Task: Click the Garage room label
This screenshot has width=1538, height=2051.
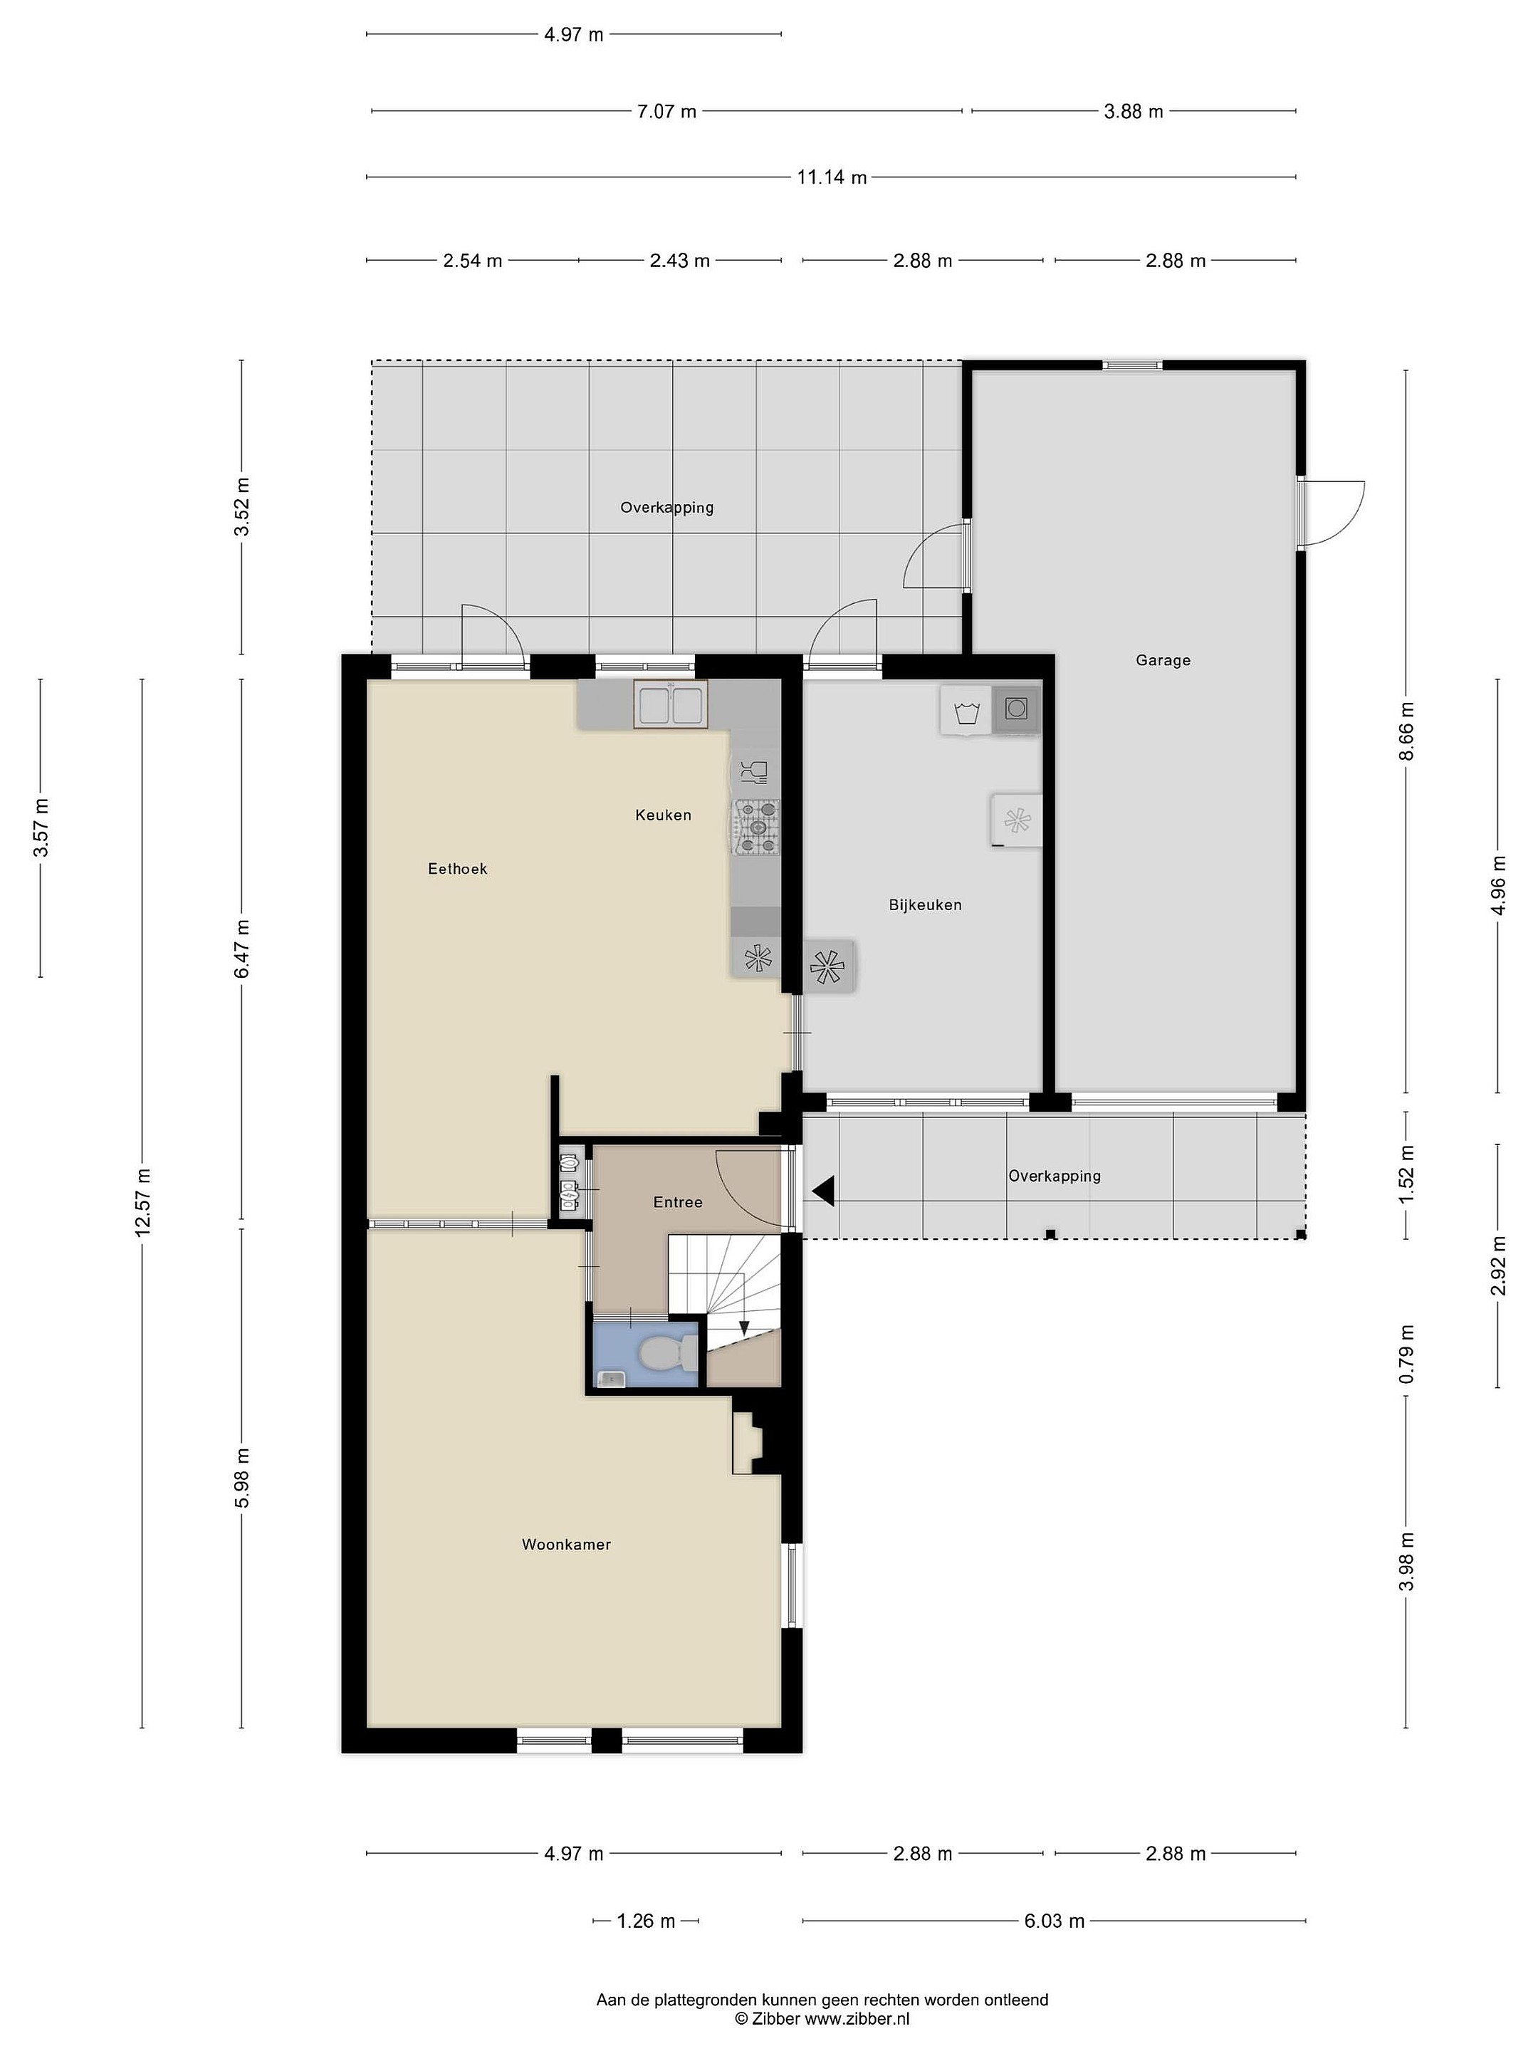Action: pos(1163,660)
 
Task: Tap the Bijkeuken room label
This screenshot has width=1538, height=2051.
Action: pos(924,905)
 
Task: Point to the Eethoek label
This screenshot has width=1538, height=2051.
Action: pos(457,869)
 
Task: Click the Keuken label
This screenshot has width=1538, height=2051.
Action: pos(663,815)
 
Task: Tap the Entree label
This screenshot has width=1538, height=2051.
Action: pos(678,1201)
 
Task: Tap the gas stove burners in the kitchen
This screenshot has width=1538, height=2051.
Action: pos(758,827)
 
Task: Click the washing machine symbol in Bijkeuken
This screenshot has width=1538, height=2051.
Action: pos(966,712)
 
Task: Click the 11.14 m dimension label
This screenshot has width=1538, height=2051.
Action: pos(832,177)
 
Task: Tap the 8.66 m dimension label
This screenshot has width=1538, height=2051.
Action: pos(1406,731)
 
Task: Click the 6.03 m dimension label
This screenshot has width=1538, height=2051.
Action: pos(1054,1921)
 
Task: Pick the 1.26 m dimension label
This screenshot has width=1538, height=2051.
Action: pos(646,1921)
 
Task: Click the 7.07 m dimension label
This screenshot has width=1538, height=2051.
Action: pos(666,111)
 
